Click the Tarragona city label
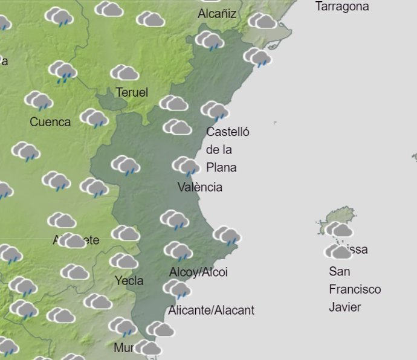[x=342, y=7]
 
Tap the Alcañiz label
[x=217, y=13]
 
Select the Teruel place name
[x=131, y=92]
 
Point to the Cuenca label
[x=50, y=122]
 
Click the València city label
[x=200, y=187]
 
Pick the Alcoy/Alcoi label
[x=198, y=272]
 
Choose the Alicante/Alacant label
[x=211, y=310]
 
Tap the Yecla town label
[x=129, y=280]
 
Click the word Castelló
[x=228, y=132]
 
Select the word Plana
[x=221, y=167]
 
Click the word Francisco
[x=355, y=289]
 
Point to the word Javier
[x=345, y=307]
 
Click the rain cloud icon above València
[x=186, y=166]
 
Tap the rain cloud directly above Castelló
[x=215, y=111]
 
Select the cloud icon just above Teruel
[x=124, y=73]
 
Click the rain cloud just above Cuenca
[x=39, y=100]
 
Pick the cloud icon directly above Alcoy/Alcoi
[x=178, y=251]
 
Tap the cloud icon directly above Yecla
[x=123, y=261]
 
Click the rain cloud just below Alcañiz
[x=210, y=41]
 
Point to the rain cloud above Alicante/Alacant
[x=176, y=290]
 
